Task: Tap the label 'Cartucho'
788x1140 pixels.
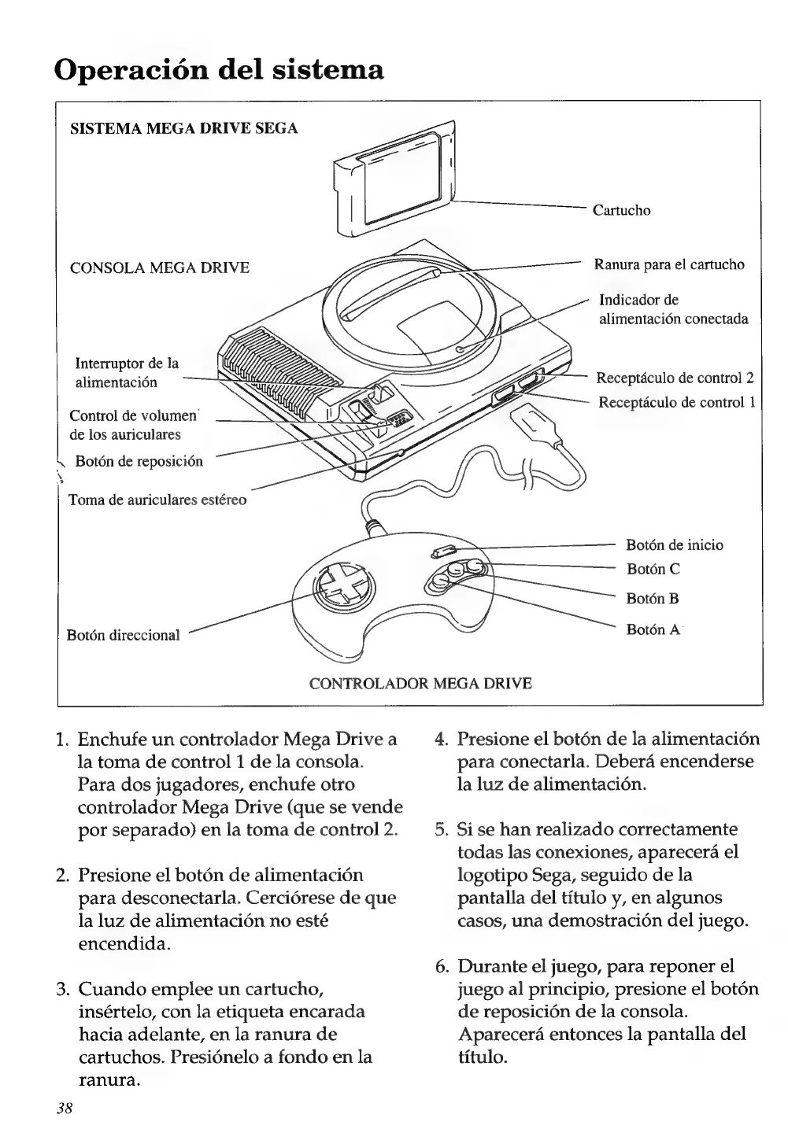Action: click(x=621, y=210)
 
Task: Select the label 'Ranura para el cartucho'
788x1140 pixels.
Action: click(x=669, y=264)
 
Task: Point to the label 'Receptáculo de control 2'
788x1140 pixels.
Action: click(x=675, y=377)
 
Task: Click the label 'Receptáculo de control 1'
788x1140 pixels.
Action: click(x=677, y=402)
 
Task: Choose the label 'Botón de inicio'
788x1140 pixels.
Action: click(x=674, y=544)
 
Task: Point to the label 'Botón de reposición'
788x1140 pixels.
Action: click(x=139, y=461)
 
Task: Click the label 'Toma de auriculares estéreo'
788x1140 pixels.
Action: click(x=157, y=500)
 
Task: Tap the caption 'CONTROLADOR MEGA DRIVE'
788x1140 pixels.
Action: click(x=420, y=683)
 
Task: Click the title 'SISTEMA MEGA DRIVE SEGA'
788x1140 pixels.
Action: click(x=184, y=128)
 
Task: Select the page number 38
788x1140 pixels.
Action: click(x=65, y=1108)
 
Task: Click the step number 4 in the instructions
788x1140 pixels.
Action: click(x=442, y=740)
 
